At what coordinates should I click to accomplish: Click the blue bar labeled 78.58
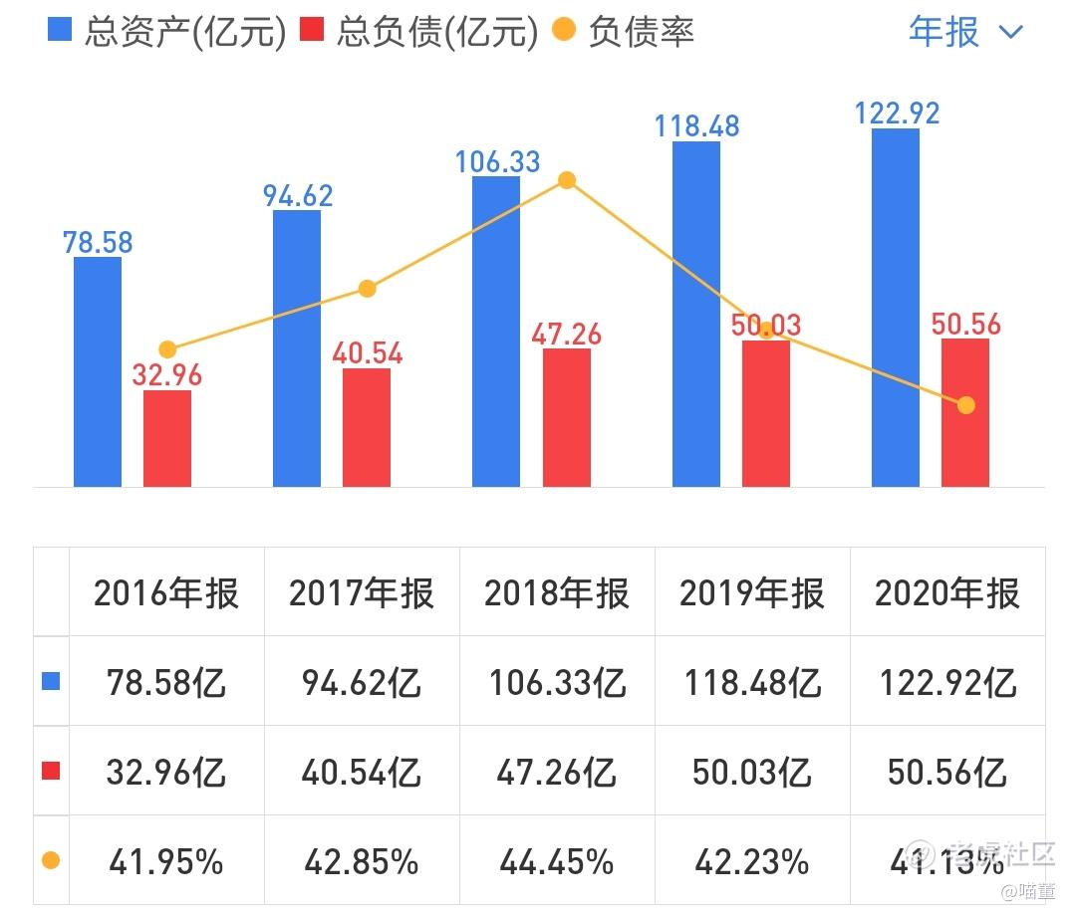click(x=98, y=371)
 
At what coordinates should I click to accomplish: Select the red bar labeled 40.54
click(x=367, y=427)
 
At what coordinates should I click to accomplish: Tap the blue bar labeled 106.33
click(x=496, y=332)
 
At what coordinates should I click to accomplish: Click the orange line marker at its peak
click(x=567, y=180)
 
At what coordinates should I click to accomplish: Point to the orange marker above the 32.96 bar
click(x=167, y=349)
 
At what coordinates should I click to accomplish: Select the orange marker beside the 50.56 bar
click(x=965, y=405)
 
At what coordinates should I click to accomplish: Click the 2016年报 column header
click(x=166, y=593)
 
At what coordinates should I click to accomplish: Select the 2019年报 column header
click(x=752, y=593)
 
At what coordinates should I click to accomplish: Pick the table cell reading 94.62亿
click(x=362, y=683)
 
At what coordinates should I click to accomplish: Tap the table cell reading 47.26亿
click(x=557, y=773)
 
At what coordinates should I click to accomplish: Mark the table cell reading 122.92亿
click(x=947, y=683)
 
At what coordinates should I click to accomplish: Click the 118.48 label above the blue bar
click(x=696, y=126)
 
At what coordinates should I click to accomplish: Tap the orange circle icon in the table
click(x=51, y=861)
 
